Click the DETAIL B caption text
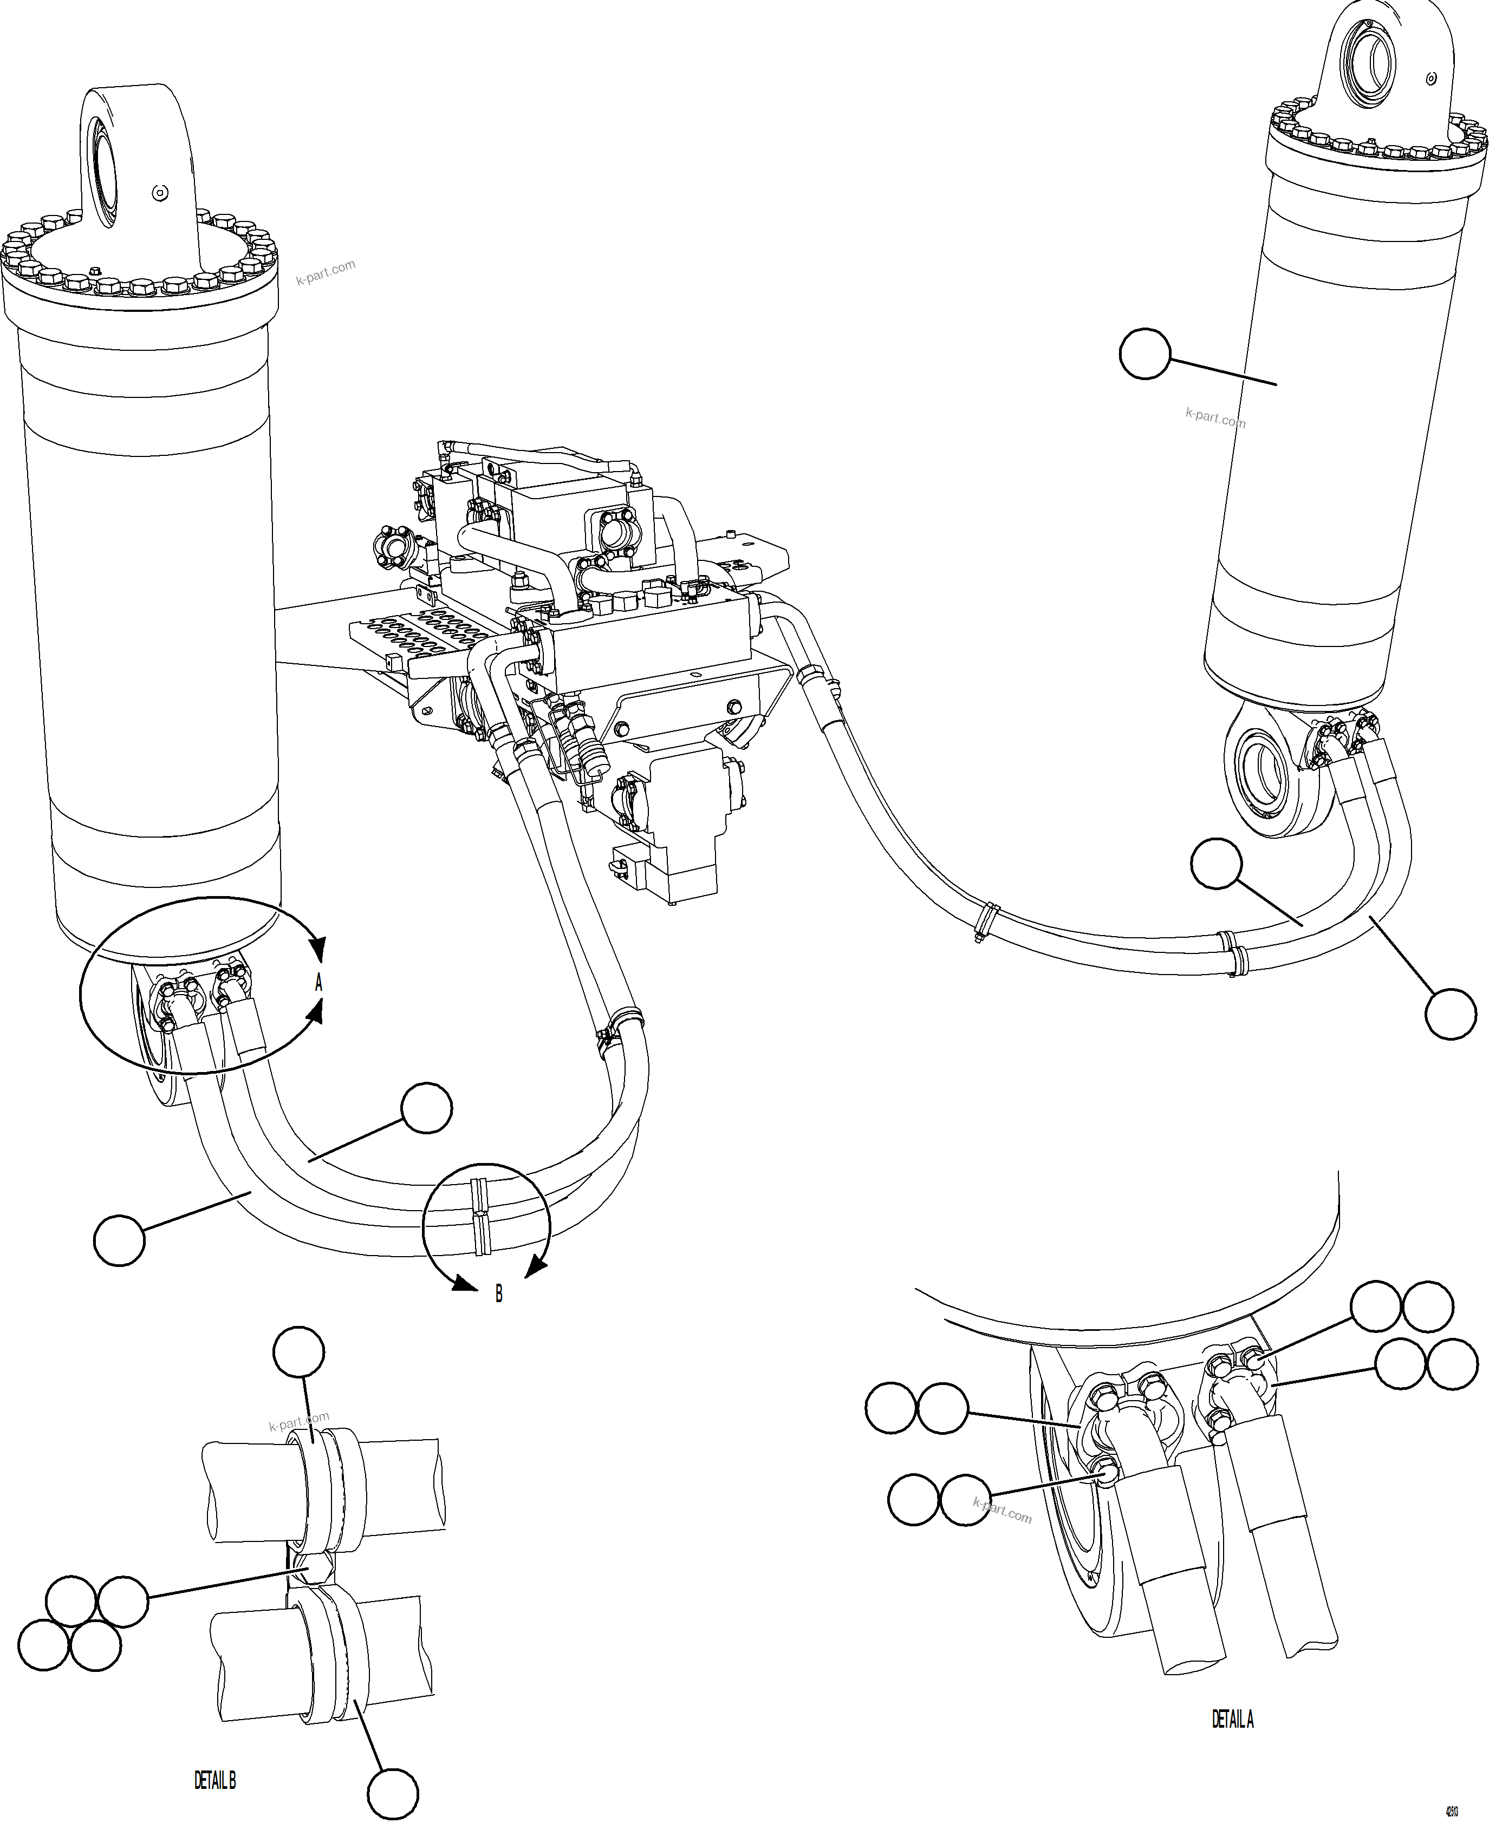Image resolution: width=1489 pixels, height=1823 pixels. tap(214, 1782)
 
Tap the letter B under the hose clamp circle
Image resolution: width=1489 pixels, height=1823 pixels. tap(498, 1295)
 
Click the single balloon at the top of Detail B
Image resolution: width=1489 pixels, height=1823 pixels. tap(298, 1355)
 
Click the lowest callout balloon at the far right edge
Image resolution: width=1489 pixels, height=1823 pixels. tap(1451, 1015)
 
